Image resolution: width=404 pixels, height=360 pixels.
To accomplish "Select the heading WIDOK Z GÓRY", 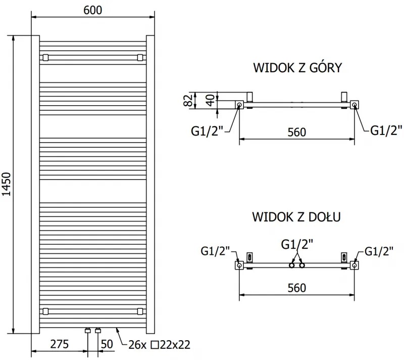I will point(298,68).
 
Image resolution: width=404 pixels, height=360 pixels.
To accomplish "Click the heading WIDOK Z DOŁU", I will point(296,217).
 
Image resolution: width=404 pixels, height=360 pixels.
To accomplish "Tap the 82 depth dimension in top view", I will point(187,100).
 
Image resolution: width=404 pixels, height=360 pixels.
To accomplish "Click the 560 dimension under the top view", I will point(296,132).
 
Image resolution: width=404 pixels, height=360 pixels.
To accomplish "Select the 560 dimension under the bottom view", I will point(296,288).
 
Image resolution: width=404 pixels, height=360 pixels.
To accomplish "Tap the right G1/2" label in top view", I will point(386,130).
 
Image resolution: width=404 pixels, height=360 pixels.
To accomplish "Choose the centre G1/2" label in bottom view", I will point(296,244).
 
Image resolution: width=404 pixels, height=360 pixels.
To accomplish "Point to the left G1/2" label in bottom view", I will point(216,251).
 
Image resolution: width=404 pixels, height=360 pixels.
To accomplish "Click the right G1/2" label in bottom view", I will point(378,251).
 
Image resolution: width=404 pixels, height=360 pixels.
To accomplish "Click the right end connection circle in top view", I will point(355,105).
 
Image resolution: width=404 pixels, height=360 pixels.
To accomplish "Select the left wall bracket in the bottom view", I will point(249,257).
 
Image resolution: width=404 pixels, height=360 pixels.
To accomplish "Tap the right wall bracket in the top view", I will point(344,96).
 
